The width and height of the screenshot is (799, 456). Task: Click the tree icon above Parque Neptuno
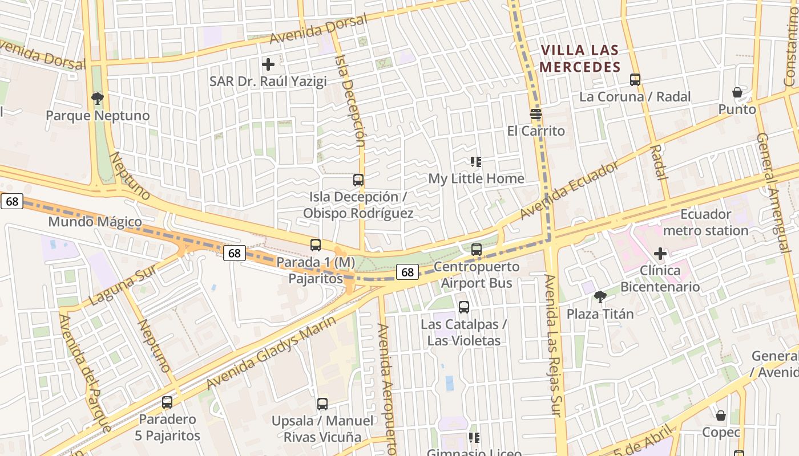(x=98, y=99)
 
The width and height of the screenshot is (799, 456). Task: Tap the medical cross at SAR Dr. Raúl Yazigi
(x=268, y=64)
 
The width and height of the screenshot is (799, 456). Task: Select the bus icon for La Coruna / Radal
(x=635, y=80)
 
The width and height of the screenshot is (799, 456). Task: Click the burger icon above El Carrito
(x=535, y=114)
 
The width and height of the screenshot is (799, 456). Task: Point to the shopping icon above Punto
(x=737, y=92)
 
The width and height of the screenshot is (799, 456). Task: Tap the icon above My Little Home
(x=475, y=162)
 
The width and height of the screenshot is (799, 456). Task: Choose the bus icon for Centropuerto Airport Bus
(x=477, y=250)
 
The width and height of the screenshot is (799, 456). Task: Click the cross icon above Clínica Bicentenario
(x=660, y=253)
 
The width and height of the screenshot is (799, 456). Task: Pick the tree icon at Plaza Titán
(x=600, y=296)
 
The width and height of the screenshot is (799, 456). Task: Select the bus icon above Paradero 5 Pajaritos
(x=167, y=402)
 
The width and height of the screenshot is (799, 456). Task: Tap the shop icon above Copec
(x=721, y=416)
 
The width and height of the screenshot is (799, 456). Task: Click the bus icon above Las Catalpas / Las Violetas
(x=464, y=307)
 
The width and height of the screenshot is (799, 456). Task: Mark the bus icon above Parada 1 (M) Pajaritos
(x=315, y=245)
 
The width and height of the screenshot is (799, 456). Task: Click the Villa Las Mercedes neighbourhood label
(x=580, y=59)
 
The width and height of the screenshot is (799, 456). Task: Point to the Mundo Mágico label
(x=95, y=222)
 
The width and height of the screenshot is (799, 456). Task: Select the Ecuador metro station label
(x=705, y=223)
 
